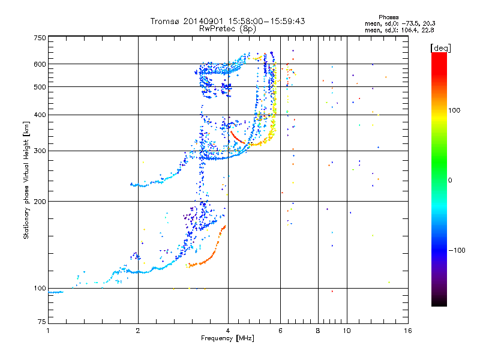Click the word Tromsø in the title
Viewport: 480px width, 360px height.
[x=166, y=21]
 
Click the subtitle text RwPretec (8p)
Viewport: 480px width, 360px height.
[x=227, y=29]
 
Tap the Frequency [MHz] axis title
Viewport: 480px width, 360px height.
[x=227, y=338]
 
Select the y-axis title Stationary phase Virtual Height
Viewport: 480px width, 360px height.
[x=26, y=181]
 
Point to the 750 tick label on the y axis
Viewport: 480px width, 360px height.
[x=40, y=38]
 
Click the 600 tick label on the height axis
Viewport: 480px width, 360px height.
[x=40, y=64]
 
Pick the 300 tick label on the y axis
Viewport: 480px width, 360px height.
[x=40, y=151]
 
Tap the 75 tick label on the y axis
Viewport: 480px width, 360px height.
[x=42, y=322]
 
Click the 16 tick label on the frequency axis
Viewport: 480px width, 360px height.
[x=408, y=331]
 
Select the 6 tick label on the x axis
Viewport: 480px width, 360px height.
[x=280, y=331]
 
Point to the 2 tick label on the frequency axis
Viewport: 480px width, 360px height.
[x=138, y=331]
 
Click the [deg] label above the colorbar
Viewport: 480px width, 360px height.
[x=440, y=48]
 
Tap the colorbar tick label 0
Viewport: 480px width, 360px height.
[x=450, y=181]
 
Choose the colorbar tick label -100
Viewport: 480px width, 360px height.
[x=457, y=250]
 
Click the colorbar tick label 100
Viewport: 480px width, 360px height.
[x=454, y=110]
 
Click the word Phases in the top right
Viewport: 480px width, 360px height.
[x=388, y=17]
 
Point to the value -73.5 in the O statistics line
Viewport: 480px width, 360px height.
[x=410, y=23]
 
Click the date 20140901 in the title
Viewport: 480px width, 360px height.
[x=203, y=21]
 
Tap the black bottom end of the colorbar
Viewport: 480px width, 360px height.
[x=439, y=303]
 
